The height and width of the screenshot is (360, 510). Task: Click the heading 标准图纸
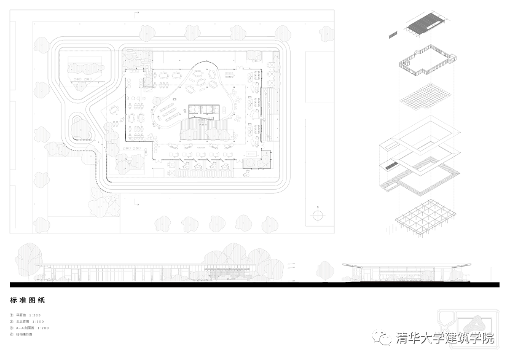pos(28,301)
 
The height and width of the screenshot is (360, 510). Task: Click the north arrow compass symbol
pos(318,215)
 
